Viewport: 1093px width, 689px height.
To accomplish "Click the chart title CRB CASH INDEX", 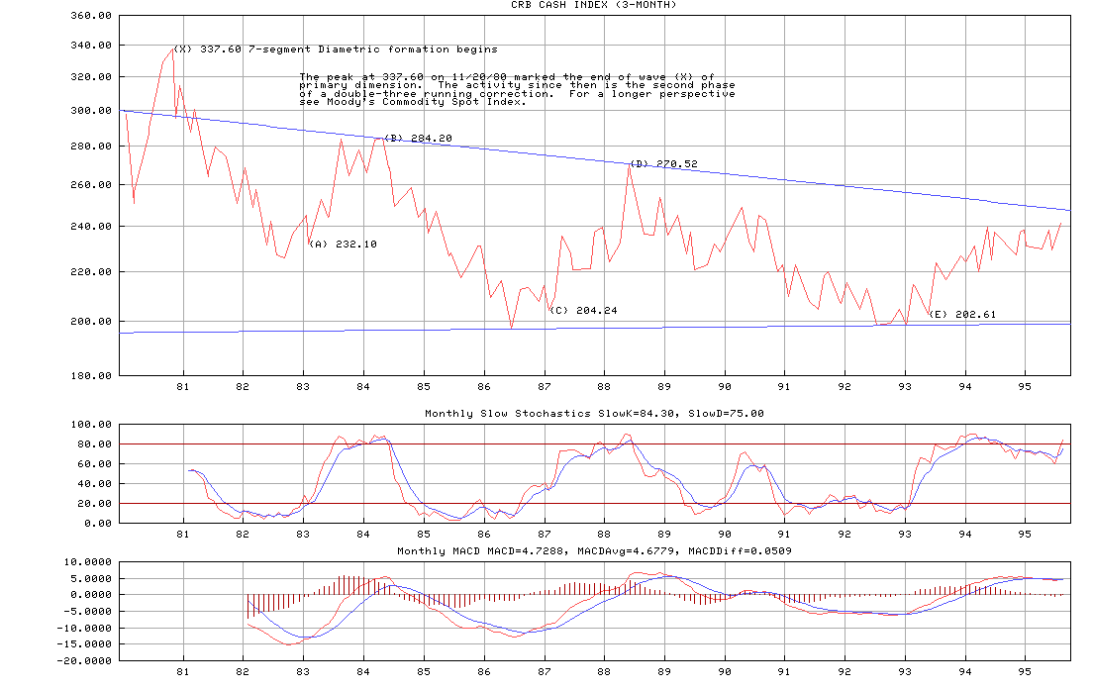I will click(594, 5).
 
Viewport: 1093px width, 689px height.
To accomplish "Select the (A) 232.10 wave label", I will click(343, 244).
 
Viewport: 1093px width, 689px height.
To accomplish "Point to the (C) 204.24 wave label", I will click(583, 311).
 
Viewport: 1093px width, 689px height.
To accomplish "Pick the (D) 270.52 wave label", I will click(663, 164).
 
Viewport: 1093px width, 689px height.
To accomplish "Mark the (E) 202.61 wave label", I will click(962, 315).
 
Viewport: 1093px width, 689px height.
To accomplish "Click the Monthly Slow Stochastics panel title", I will click(594, 414).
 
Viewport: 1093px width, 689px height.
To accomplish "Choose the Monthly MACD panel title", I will click(594, 550).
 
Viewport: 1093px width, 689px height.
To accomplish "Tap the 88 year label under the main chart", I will click(604, 386).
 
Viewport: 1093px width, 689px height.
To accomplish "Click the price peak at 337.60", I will click(172, 49).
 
